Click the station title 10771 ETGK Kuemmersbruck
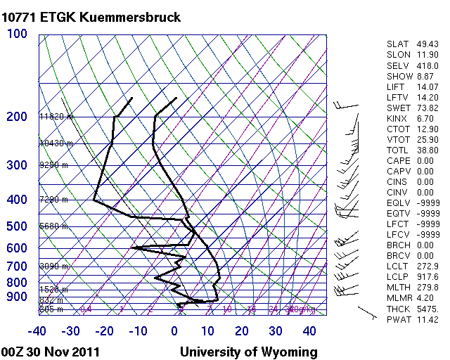click(x=92, y=17)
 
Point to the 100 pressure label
click(x=17, y=34)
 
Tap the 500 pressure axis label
click(x=17, y=226)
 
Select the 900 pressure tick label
click(x=17, y=297)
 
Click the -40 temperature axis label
click(x=37, y=331)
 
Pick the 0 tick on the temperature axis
click(x=174, y=331)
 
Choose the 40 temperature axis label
click(x=309, y=331)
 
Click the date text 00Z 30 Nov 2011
click(x=51, y=352)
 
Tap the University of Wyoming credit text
click(x=249, y=352)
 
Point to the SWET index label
click(x=397, y=108)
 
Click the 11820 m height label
click(x=56, y=117)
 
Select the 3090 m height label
click(x=53, y=266)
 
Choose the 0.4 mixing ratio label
click(x=86, y=309)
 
